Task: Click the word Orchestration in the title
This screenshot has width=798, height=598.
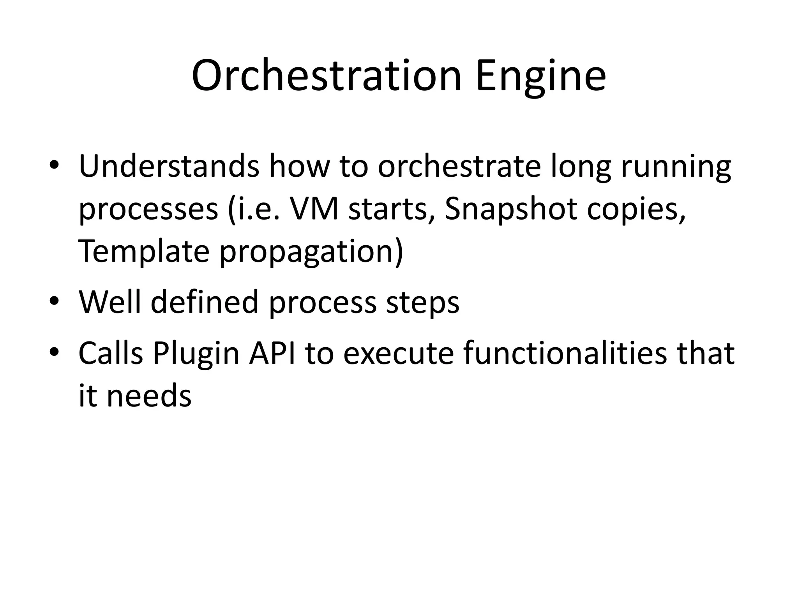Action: coord(327,76)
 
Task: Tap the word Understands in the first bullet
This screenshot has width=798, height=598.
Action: coord(169,167)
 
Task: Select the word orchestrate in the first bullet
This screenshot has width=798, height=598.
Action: coord(459,167)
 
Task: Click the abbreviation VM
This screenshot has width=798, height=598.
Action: coord(314,209)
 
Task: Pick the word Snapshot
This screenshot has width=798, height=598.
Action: coord(510,209)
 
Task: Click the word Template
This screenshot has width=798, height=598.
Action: coord(144,252)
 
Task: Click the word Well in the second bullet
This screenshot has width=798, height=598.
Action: coord(109,302)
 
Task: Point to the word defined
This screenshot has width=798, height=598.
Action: coord(205,302)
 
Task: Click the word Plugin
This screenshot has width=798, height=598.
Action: coord(196,354)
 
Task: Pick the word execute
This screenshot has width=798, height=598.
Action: coord(398,354)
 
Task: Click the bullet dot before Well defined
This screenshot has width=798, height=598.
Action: coord(54,301)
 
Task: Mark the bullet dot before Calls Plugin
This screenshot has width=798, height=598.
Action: coord(54,352)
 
